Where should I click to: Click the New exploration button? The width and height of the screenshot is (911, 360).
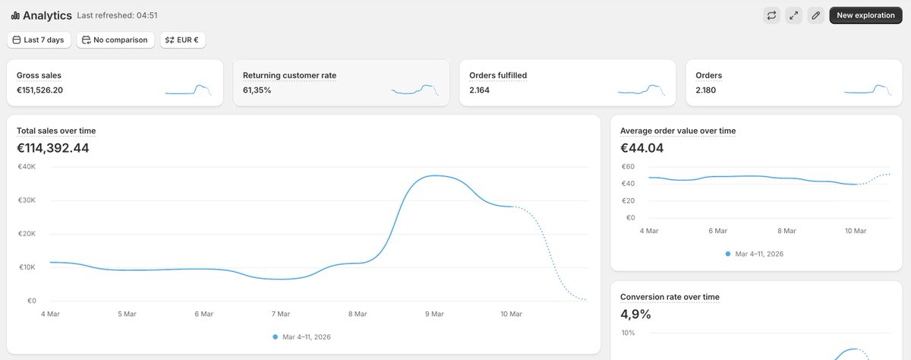(x=865, y=15)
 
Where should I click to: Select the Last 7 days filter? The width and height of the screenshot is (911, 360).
(x=39, y=39)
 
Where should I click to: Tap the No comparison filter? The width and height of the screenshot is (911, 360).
(x=115, y=39)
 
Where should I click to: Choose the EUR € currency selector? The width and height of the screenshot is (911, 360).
(x=182, y=39)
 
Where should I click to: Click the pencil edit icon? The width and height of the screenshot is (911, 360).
(x=815, y=15)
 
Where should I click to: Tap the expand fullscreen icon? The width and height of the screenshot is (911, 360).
(x=793, y=15)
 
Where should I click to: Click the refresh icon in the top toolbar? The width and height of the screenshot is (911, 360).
(x=771, y=15)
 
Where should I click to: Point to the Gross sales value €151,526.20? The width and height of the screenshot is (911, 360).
(x=39, y=90)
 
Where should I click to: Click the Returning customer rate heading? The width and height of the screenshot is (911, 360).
(x=289, y=75)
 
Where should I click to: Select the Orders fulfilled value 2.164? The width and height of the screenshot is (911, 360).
(x=480, y=90)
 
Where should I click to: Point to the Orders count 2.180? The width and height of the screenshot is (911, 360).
(x=705, y=90)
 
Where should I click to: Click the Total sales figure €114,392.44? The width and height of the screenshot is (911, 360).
(x=52, y=148)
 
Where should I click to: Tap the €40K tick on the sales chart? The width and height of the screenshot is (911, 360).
(x=27, y=167)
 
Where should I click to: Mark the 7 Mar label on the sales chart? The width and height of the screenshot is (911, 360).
(x=280, y=314)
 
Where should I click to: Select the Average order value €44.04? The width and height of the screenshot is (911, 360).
(x=641, y=148)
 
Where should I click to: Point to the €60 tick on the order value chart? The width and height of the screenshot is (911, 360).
(x=628, y=167)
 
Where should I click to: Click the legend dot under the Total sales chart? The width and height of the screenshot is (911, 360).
(x=276, y=336)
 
